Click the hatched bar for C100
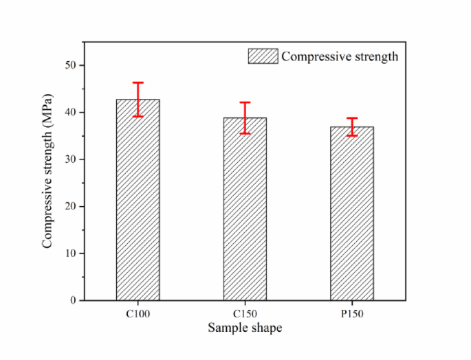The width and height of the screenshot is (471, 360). pyautogui.click(x=138, y=200)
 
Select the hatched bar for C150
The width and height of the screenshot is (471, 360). pyautogui.click(x=245, y=209)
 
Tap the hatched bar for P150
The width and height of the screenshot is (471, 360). pyautogui.click(x=352, y=213)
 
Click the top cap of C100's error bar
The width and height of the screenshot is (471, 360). pyautogui.click(x=138, y=82)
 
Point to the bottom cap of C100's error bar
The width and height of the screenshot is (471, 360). pyautogui.click(x=138, y=116)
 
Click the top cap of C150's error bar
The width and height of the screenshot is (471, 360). pyautogui.click(x=245, y=102)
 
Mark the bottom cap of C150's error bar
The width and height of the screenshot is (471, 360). pyautogui.click(x=245, y=133)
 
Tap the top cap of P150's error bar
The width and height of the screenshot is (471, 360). pyautogui.click(x=352, y=118)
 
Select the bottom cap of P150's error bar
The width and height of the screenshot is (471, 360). pyautogui.click(x=352, y=135)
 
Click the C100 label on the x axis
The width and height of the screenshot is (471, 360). pyautogui.click(x=138, y=314)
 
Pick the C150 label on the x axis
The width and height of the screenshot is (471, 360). pyautogui.click(x=245, y=314)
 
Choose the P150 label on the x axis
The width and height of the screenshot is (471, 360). pyautogui.click(x=352, y=314)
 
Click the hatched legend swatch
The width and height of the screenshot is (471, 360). pyautogui.click(x=263, y=56)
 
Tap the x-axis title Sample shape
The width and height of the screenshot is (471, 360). pyautogui.click(x=245, y=328)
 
